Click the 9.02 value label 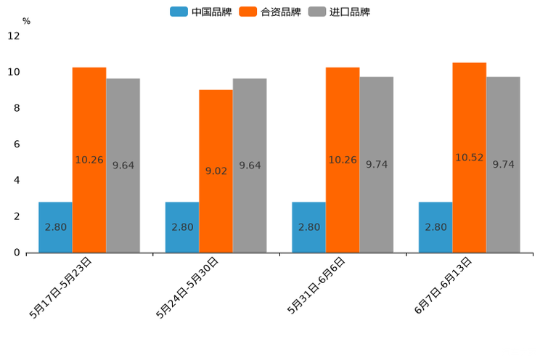[x=216, y=171]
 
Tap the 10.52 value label [x=470, y=157]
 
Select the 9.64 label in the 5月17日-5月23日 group [x=123, y=165]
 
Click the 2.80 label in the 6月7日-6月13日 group [x=435, y=227]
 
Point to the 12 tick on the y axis [x=14, y=36]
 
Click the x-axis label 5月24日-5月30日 [x=187, y=287]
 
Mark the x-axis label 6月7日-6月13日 [x=443, y=286]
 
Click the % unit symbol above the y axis [x=26, y=22]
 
